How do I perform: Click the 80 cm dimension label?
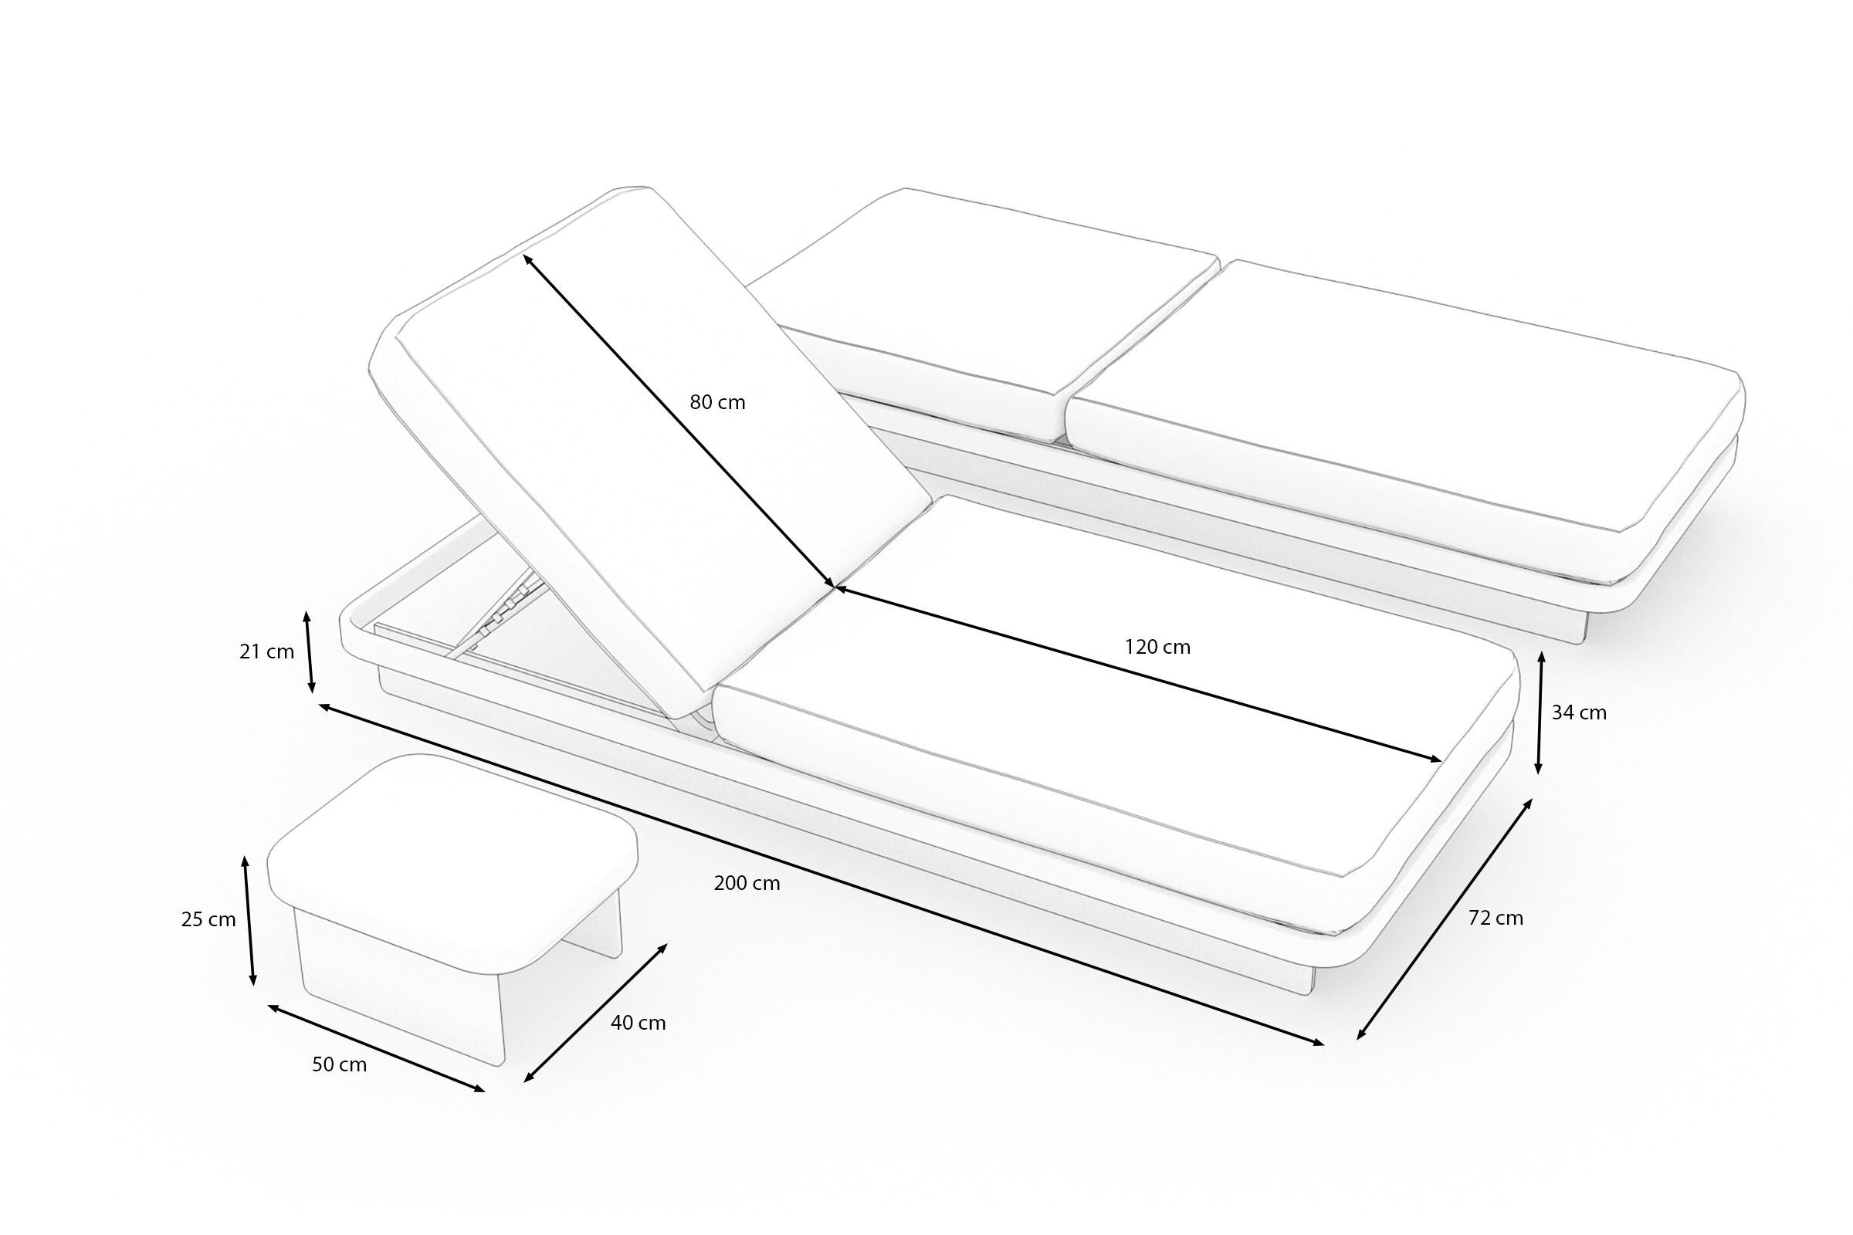717,402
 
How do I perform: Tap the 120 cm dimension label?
1157,648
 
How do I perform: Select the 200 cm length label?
747,884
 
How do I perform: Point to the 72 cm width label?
1496,919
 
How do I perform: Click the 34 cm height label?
1579,712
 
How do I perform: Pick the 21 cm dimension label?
266,652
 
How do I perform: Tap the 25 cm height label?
208,920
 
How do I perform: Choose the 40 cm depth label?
639,1024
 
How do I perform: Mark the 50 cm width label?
340,1065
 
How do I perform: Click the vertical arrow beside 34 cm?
1540,712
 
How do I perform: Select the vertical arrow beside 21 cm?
309,651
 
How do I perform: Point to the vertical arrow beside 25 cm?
249,921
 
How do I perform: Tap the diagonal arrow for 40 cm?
595,1013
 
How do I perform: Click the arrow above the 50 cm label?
377,1048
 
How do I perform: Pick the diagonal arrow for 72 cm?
1445,919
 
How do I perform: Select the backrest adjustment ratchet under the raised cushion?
504,611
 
